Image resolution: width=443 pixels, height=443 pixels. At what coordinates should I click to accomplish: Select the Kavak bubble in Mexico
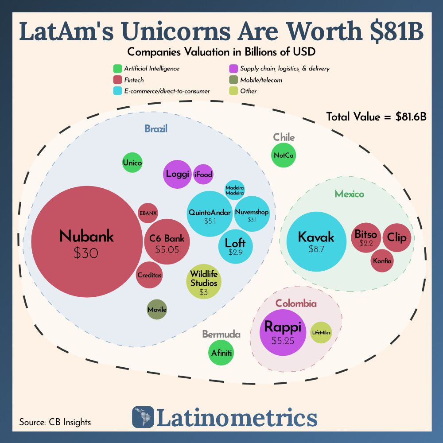[x=316, y=241]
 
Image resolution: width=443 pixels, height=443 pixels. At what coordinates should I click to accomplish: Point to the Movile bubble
[x=157, y=310]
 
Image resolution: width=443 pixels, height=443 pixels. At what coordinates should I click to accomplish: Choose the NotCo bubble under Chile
[x=284, y=155]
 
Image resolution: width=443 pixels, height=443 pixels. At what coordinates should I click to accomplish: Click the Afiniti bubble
[x=221, y=353]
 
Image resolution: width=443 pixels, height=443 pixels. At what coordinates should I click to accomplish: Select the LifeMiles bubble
[x=321, y=333]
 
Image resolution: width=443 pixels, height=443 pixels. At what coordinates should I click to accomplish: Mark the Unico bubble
[x=132, y=163]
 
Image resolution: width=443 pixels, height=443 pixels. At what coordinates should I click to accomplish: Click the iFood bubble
[x=203, y=175]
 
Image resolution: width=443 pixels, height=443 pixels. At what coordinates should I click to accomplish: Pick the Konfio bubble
[x=382, y=261]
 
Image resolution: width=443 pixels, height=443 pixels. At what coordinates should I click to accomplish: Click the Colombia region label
[x=296, y=303]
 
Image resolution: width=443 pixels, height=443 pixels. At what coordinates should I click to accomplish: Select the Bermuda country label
[x=221, y=334]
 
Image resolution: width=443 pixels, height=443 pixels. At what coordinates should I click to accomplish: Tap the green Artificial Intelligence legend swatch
[x=117, y=69]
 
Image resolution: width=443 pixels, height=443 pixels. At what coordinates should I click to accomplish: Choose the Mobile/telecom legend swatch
[x=233, y=80]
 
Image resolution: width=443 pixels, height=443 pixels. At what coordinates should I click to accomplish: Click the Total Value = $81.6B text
[x=376, y=117]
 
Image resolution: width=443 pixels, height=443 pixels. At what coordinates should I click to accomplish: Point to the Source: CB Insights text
[x=55, y=422]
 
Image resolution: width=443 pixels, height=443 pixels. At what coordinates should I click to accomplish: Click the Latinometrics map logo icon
[x=143, y=417]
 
